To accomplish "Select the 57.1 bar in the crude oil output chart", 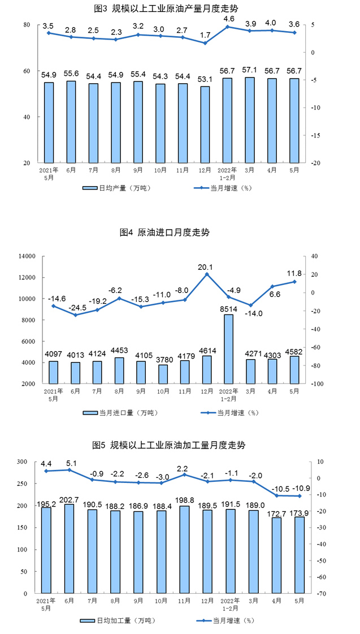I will click(x=249, y=120).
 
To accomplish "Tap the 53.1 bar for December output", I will click(x=205, y=124).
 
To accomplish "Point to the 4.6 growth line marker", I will click(x=227, y=27).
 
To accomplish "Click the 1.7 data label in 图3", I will click(x=205, y=34).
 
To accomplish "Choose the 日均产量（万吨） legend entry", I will click(x=116, y=188).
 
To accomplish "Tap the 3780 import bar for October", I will click(x=162, y=374).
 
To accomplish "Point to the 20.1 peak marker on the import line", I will click(x=206, y=274).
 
